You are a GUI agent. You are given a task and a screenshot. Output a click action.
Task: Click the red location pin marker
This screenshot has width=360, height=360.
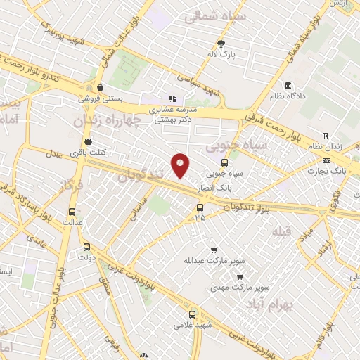181,165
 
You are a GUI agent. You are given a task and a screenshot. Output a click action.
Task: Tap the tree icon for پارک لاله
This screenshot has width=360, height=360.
223,42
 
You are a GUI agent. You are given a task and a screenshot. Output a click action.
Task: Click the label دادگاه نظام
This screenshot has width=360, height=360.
303,96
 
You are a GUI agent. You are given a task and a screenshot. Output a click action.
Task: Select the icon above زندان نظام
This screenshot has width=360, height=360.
325,136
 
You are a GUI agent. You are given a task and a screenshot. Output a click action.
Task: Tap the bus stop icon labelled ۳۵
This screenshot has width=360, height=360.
200,207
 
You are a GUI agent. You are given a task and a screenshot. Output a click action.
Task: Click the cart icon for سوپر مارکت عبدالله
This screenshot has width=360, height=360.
214,250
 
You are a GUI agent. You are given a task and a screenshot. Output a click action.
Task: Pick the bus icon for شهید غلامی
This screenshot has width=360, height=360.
193,314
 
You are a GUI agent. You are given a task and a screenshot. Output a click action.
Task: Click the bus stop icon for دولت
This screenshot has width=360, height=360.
86,247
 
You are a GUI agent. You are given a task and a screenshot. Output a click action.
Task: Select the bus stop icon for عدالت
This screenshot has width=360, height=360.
72,211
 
